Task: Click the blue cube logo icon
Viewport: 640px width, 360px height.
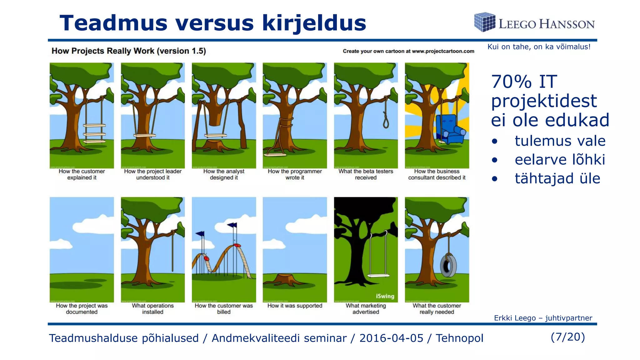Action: point(485,22)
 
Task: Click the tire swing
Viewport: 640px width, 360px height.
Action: point(448,266)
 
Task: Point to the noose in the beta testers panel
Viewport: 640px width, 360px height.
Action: point(386,120)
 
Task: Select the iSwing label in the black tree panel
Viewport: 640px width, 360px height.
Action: point(385,296)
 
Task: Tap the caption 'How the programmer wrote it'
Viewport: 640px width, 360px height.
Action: point(295,174)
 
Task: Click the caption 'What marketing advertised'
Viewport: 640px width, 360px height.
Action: point(366,309)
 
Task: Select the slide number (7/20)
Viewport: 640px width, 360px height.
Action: point(567,337)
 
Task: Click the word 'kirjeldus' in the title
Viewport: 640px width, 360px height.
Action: point(314,23)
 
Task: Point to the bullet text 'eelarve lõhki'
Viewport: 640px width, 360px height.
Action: point(560,160)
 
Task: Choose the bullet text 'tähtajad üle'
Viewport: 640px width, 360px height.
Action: point(557,178)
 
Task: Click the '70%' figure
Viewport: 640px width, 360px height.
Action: point(511,82)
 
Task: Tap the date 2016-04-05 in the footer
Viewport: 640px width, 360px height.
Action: point(391,338)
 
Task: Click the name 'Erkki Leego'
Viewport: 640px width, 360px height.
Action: point(515,318)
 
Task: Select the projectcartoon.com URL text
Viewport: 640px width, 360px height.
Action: point(443,51)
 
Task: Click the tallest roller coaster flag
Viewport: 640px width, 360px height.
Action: point(232,225)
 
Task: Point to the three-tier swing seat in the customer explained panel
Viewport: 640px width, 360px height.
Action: point(94,133)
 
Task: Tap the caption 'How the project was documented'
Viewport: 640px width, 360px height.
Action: point(82,309)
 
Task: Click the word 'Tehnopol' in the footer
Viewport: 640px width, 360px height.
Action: point(459,338)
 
